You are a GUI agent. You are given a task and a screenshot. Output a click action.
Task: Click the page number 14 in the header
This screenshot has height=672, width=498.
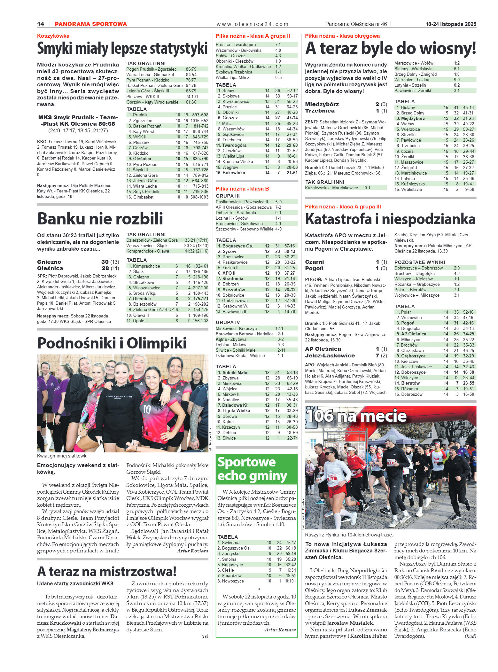point(41,24)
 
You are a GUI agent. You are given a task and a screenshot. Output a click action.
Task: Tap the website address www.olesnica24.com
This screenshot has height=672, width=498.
point(252,24)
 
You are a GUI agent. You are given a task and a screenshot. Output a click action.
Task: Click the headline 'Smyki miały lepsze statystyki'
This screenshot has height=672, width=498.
point(122,49)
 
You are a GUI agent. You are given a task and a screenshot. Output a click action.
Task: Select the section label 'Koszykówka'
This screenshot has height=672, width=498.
point(53,36)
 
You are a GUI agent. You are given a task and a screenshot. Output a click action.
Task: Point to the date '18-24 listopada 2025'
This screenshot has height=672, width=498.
point(451,24)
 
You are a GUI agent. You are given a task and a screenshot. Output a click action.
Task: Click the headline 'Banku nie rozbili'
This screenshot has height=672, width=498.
point(100,219)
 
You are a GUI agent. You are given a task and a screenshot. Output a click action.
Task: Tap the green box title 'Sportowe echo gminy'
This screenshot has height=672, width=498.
point(252,469)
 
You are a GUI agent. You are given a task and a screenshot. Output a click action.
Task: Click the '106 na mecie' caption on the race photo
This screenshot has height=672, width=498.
point(356,416)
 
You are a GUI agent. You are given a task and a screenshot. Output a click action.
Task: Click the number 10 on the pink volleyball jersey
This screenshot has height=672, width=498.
point(147,409)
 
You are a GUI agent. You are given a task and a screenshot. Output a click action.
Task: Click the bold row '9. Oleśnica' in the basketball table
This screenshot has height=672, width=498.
point(167,159)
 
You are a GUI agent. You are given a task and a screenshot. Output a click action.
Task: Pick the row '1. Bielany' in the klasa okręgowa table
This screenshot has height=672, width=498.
point(435,107)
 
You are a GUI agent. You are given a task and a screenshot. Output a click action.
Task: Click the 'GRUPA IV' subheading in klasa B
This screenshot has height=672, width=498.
point(228,322)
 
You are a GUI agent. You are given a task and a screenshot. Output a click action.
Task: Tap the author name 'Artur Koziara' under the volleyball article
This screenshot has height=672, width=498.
point(192,551)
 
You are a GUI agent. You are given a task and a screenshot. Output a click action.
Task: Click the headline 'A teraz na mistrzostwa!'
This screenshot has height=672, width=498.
point(107,571)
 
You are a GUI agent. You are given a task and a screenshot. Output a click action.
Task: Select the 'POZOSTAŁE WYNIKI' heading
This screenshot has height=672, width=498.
point(419,262)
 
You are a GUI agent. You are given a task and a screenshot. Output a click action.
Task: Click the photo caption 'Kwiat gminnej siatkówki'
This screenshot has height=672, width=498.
point(62,456)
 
